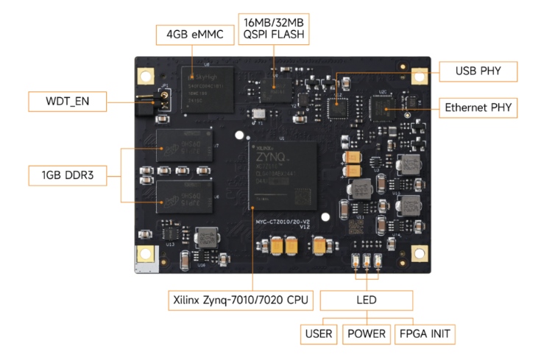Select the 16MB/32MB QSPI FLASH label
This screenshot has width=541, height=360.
(269, 27)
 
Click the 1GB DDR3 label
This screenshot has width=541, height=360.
(61, 176)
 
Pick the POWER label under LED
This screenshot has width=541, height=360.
(367, 333)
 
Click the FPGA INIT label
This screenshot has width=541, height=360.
(423, 333)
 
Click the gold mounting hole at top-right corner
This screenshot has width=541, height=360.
(420, 75)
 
